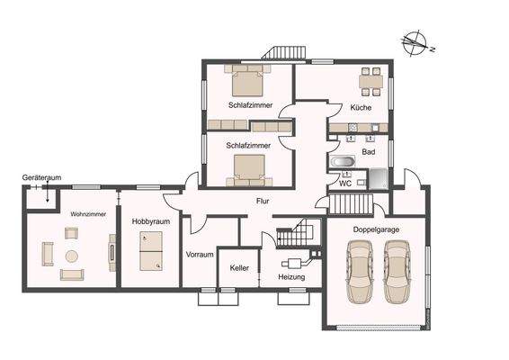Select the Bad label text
click(x=369, y=152)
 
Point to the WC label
click(x=344, y=184)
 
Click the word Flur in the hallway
click(x=263, y=201)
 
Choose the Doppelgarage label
click(x=376, y=230)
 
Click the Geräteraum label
click(x=41, y=179)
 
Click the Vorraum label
click(x=199, y=255)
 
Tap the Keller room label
click(x=239, y=268)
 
